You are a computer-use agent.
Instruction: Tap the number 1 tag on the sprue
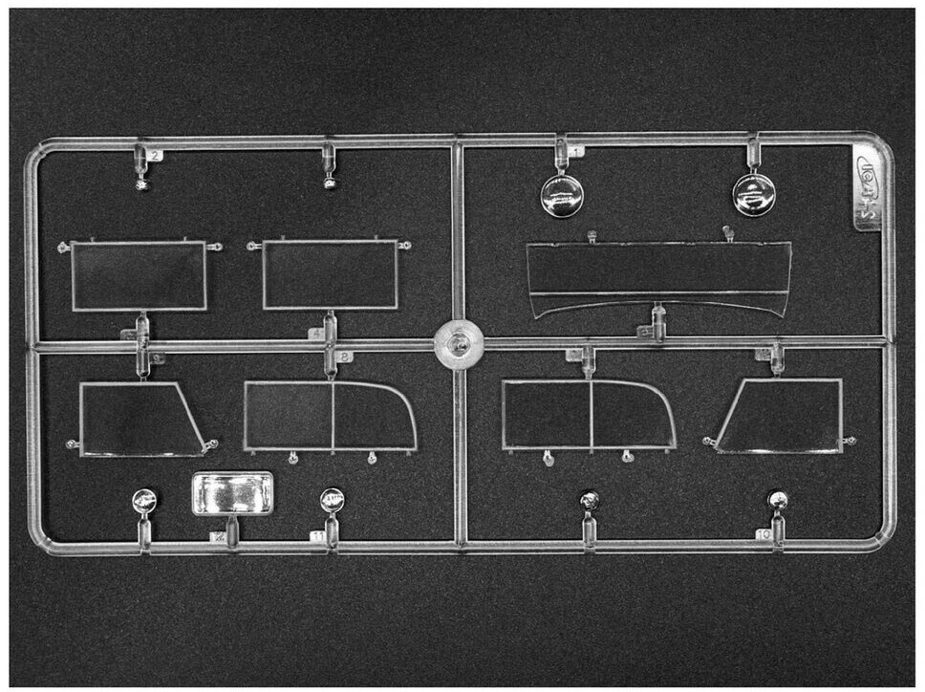point(575,151)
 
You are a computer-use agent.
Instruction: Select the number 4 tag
point(316,334)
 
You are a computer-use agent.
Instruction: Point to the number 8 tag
point(345,357)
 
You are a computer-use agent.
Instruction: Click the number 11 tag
point(317,537)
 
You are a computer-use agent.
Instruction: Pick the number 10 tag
point(764,535)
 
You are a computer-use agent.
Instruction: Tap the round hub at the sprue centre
point(460,343)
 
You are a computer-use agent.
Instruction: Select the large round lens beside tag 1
point(562,195)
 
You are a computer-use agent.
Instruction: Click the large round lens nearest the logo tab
point(753,194)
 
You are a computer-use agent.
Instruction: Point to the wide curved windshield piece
point(658,275)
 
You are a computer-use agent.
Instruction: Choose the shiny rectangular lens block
point(233,493)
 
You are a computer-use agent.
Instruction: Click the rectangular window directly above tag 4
point(331,275)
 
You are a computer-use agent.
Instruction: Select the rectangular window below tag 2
point(140,275)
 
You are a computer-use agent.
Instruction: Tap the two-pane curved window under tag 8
point(330,415)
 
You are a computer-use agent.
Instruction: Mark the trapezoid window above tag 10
point(782,416)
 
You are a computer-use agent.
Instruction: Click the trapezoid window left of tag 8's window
point(140,419)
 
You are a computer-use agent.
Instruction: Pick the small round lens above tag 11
point(332,499)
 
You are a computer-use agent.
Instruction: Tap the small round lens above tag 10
point(779,500)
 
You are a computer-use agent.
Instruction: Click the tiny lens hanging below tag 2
point(141,184)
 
